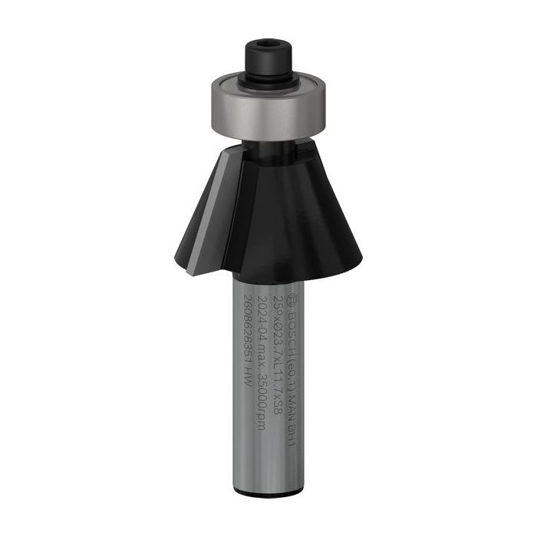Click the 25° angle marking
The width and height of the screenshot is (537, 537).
point(278,301)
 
